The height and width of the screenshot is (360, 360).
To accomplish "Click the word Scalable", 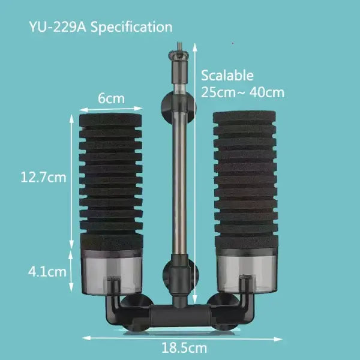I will [x=227, y=76].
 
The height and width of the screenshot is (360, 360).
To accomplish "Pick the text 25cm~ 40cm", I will [x=242, y=92].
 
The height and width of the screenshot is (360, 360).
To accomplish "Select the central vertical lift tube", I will [x=178, y=180].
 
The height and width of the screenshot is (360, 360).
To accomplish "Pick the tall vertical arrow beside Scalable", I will [x=195, y=180].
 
